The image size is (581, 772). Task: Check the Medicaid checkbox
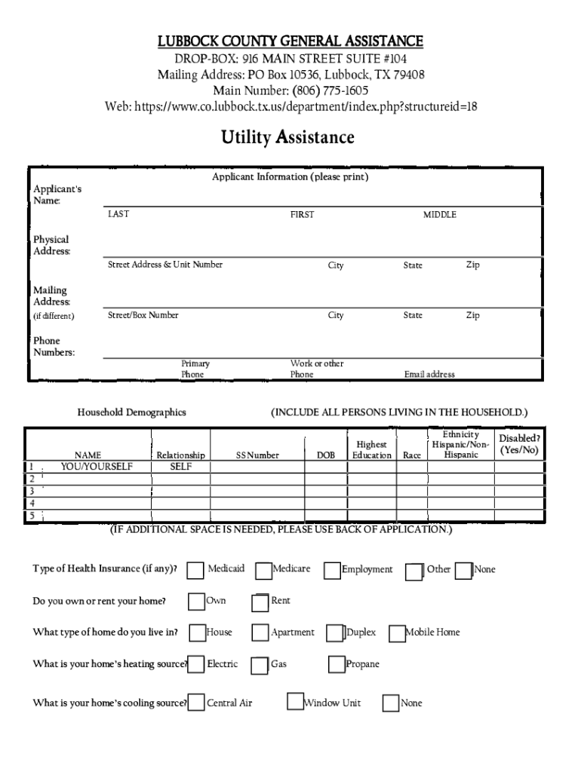[x=195, y=571]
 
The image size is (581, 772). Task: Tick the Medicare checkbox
[x=263, y=571]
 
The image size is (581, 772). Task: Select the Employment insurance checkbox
[x=332, y=571]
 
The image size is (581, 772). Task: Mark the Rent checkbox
[x=260, y=602]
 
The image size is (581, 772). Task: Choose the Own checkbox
[x=196, y=602]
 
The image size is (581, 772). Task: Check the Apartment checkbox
[x=260, y=633]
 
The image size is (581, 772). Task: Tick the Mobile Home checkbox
[x=397, y=634]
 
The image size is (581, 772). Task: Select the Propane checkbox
[x=337, y=665]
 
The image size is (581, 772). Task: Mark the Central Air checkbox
[x=196, y=703]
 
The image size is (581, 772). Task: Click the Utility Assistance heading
[x=287, y=138]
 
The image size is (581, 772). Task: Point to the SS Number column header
[x=257, y=455]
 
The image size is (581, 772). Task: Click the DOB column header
[x=326, y=455]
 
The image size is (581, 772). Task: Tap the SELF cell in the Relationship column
[x=180, y=467]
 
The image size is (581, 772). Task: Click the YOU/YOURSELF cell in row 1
[x=97, y=467]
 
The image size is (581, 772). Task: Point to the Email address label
[x=429, y=375]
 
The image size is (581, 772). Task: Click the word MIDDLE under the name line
[x=439, y=215]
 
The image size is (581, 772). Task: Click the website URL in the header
[x=306, y=107]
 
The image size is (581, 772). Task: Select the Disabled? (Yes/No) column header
[x=520, y=444]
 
